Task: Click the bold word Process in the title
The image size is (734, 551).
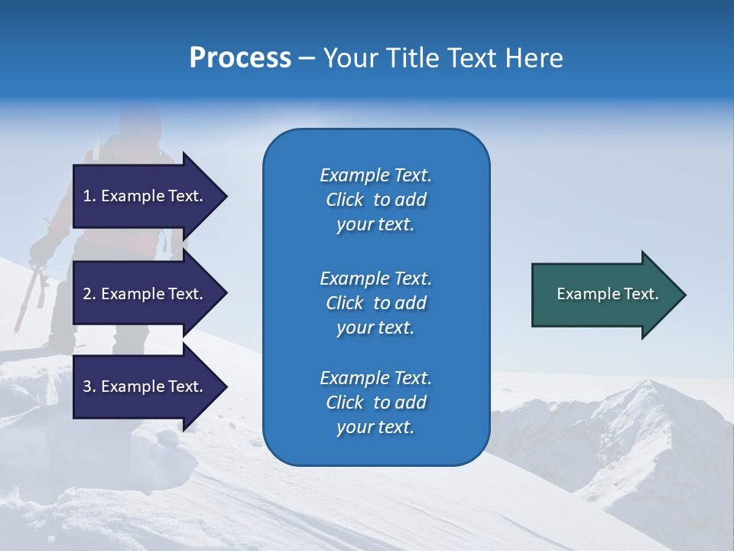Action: click(x=240, y=58)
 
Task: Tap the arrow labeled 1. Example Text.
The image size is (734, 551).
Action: click(x=145, y=196)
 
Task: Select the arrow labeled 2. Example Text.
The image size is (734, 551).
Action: click(x=145, y=294)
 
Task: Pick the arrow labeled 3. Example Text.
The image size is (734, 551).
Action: click(x=145, y=386)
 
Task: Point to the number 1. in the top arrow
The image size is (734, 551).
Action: click(x=89, y=196)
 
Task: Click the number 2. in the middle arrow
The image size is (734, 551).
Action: click(x=89, y=294)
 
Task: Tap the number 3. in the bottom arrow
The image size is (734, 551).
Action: click(x=89, y=386)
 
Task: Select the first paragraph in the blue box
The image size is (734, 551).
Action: click(x=375, y=200)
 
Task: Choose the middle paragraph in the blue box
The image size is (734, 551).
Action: click(x=375, y=302)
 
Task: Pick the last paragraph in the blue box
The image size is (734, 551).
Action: click(x=375, y=403)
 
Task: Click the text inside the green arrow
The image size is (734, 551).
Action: click(x=607, y=294)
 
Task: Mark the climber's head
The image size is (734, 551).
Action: click(x=140, y=121)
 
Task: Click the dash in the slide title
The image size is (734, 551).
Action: click(x=307, y=59)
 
